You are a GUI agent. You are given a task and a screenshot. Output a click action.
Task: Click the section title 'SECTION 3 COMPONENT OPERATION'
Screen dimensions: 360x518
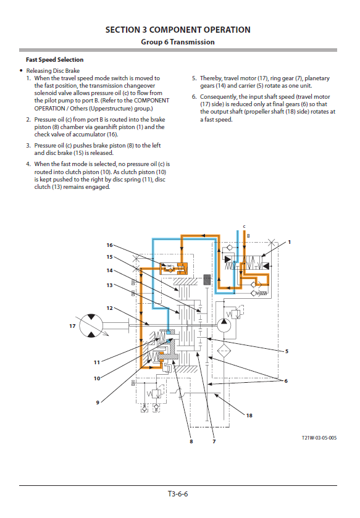[x=178, y=30]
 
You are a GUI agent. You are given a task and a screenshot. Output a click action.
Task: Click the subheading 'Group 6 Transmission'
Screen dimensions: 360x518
[x=178, y=42]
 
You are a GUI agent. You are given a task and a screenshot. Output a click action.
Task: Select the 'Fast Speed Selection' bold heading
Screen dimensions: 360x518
[x=54, y=60]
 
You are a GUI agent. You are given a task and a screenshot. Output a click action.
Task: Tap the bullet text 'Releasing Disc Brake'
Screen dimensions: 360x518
[x=53, y=71]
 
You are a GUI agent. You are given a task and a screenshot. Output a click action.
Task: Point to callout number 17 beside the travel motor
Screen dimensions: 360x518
[x=72, y=326]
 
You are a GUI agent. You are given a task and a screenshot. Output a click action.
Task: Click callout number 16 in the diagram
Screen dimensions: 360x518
[x=110, y=245]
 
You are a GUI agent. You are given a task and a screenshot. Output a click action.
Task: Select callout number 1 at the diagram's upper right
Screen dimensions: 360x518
[x=290, y=242]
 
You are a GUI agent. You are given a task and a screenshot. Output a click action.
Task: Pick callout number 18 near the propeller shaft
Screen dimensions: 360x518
[x=249, y=416]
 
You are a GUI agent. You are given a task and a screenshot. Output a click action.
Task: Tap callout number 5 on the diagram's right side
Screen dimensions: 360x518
[x=287, y=351]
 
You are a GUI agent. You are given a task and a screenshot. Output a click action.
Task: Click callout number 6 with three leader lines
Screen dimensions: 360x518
[x=286, y=381]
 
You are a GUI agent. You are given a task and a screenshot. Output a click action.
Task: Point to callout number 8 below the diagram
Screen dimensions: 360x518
[x=191, y=441]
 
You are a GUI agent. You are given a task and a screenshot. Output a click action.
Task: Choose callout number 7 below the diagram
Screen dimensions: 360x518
[x=214, y=441]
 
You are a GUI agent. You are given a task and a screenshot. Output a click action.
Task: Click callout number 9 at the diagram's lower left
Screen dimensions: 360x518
[x=98, y=403]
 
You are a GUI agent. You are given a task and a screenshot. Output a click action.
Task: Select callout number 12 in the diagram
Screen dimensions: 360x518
[x=110, y=308]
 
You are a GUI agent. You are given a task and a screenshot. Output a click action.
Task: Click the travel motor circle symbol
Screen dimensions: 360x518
[x=91, y=326]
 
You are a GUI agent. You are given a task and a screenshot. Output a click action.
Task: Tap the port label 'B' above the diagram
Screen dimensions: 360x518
[x=248, y=236]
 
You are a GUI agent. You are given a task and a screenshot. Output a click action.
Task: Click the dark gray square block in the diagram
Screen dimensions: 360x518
[x=207, y=280]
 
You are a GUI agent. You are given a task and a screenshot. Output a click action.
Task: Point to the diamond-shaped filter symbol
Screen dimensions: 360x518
[x=224, y=351]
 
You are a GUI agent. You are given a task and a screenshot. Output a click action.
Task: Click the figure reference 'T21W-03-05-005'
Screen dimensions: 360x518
[x=319, y=438]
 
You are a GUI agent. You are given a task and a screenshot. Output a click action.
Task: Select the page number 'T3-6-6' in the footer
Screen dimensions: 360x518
[x=178, y=494]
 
